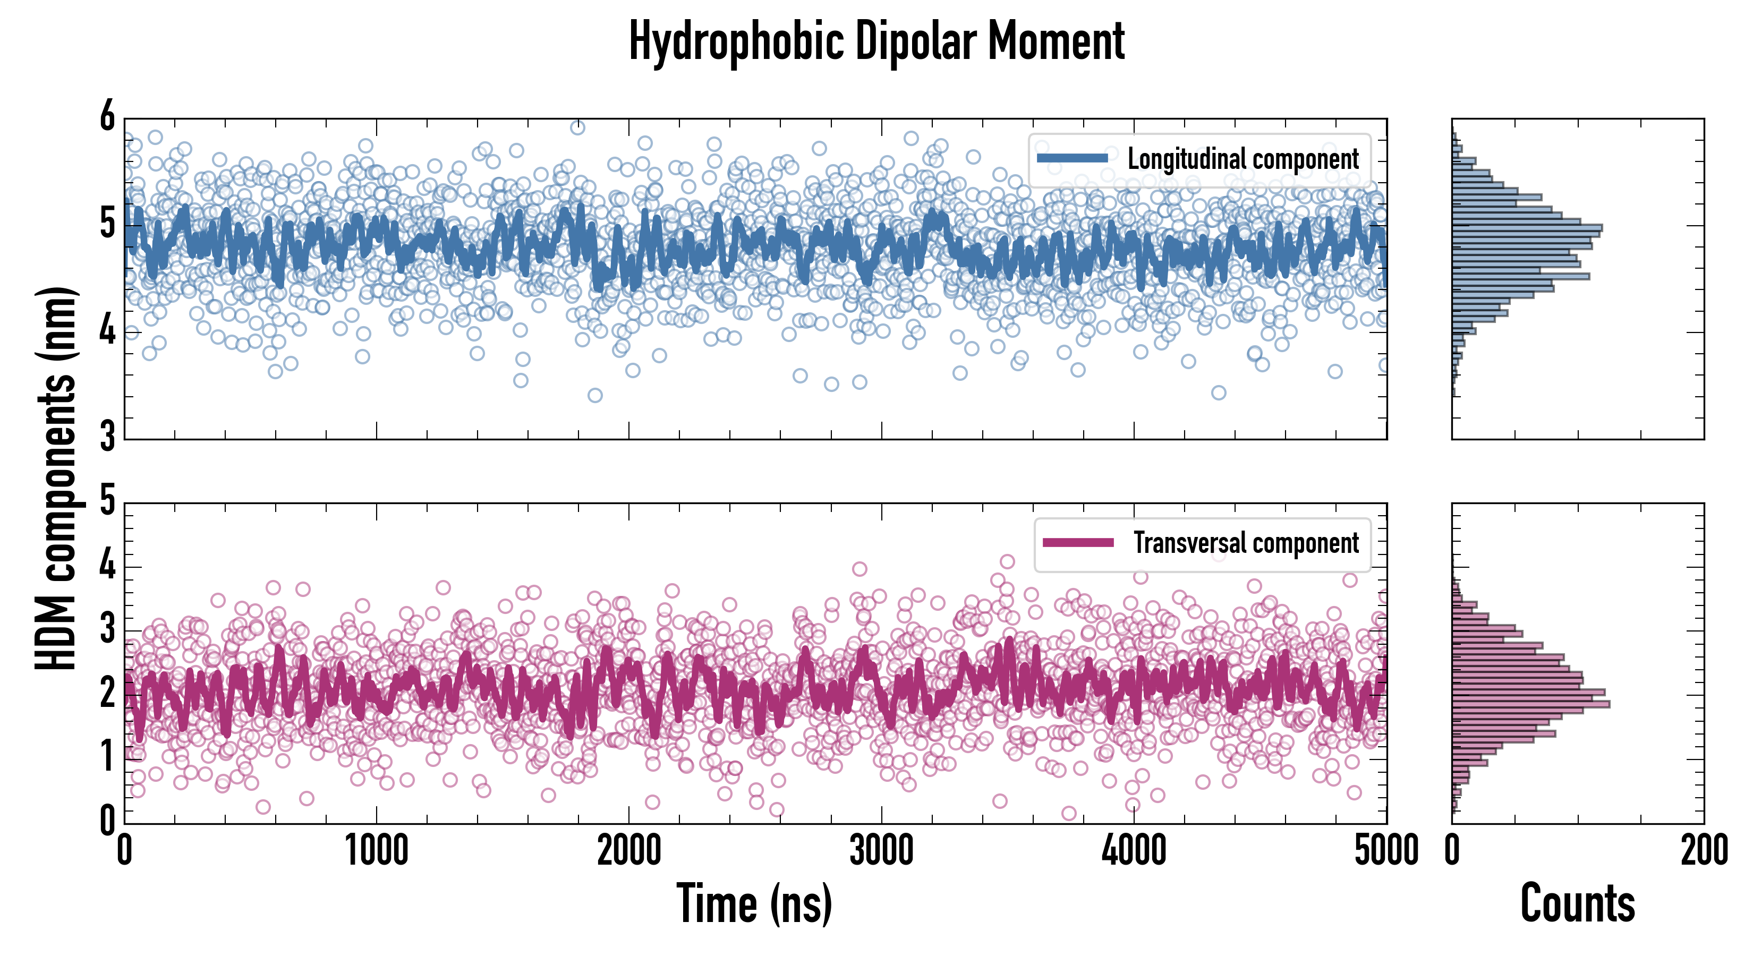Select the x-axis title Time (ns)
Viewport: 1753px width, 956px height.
point(754,903)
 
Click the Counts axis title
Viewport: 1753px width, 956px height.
point(1577,903)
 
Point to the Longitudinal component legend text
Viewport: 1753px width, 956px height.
point(1243,159)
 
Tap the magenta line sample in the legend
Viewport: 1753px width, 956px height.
point(1078,543)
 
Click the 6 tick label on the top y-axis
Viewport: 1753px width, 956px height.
point(107,117)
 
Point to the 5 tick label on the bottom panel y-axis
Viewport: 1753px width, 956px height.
point(107,501)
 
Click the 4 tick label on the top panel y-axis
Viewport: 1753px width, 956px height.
point(107,331)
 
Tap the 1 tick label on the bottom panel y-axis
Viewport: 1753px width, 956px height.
point(107,757)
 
